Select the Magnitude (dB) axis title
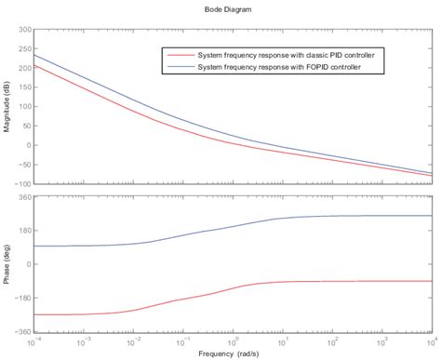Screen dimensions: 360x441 pyautogui.click(x=7, y=105)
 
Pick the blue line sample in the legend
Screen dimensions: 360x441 pyautogui.click(x=179, y=67)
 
